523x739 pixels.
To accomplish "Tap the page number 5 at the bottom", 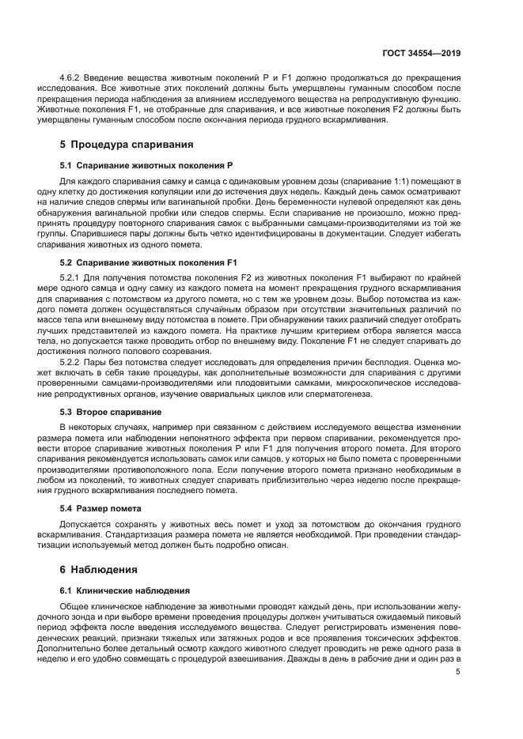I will pyautogui.click(x=458, y=673).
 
